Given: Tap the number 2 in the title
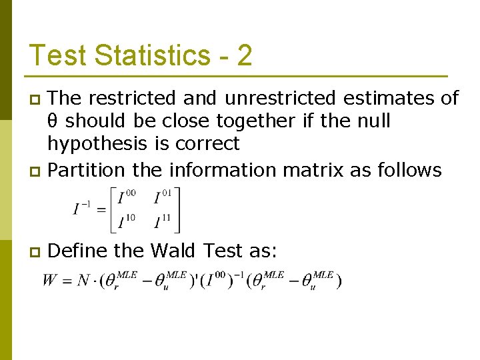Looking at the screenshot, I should coord(244,55).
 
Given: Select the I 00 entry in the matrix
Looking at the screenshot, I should coord(125,197).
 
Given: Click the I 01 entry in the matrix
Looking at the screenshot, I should coord(162,197).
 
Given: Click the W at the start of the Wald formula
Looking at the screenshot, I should coord(51,280).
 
